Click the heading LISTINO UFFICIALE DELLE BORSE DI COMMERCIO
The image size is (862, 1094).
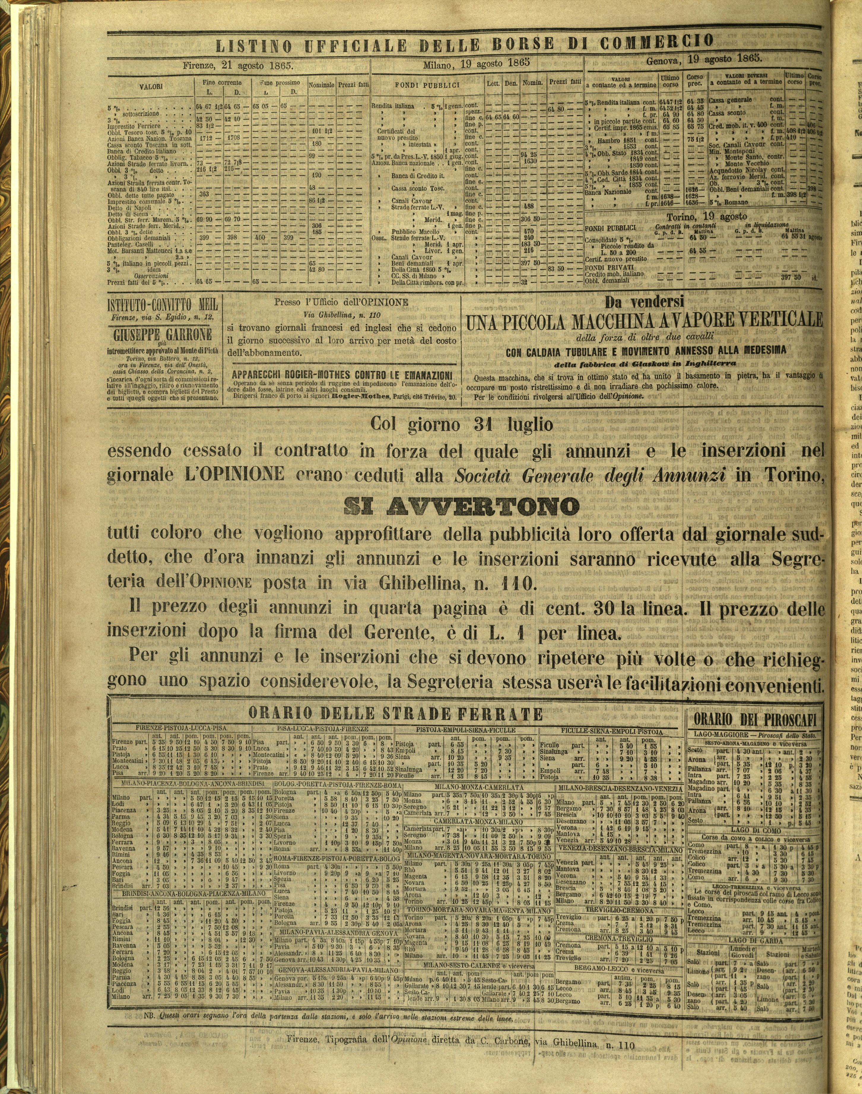[464, 45]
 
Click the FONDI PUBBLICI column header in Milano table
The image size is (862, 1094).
[427, 85]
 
